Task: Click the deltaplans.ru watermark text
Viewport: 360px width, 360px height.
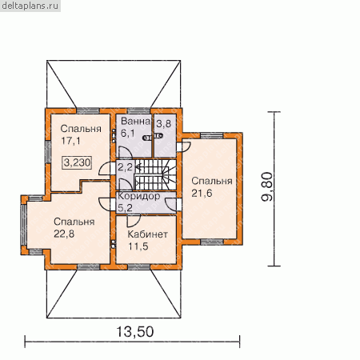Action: pos(30,6)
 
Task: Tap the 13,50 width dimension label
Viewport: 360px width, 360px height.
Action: pos(135,332)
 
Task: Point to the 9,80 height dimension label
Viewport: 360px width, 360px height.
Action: pos(267,187)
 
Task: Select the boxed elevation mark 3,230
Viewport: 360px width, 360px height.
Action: pos(78,162)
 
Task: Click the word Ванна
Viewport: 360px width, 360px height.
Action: pos(135,122)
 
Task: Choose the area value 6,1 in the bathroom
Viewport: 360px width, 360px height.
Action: pos(128,133)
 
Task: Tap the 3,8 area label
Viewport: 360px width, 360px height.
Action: pos(163,124)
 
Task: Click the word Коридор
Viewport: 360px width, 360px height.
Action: pos(139,196)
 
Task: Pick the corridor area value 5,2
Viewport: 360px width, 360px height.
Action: pos(125,208)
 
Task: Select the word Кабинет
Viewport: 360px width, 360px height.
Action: pos(148,234)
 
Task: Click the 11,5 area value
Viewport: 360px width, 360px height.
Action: pos(138,246)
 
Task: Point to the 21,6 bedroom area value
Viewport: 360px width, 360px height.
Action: pos(202,194)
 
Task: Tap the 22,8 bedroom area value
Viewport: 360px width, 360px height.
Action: pos(64,234)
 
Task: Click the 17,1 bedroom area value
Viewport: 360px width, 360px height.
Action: pos(70,141)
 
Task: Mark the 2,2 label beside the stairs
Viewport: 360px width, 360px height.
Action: pos(125,167)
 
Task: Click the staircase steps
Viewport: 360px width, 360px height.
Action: pos(155,174)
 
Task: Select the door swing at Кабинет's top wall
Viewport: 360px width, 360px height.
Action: pos(134,221)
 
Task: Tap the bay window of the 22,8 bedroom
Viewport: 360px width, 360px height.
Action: pos(24,224)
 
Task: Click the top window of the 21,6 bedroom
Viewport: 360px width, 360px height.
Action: pos(211,136)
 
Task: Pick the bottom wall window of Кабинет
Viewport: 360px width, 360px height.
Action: pos(139,267)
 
